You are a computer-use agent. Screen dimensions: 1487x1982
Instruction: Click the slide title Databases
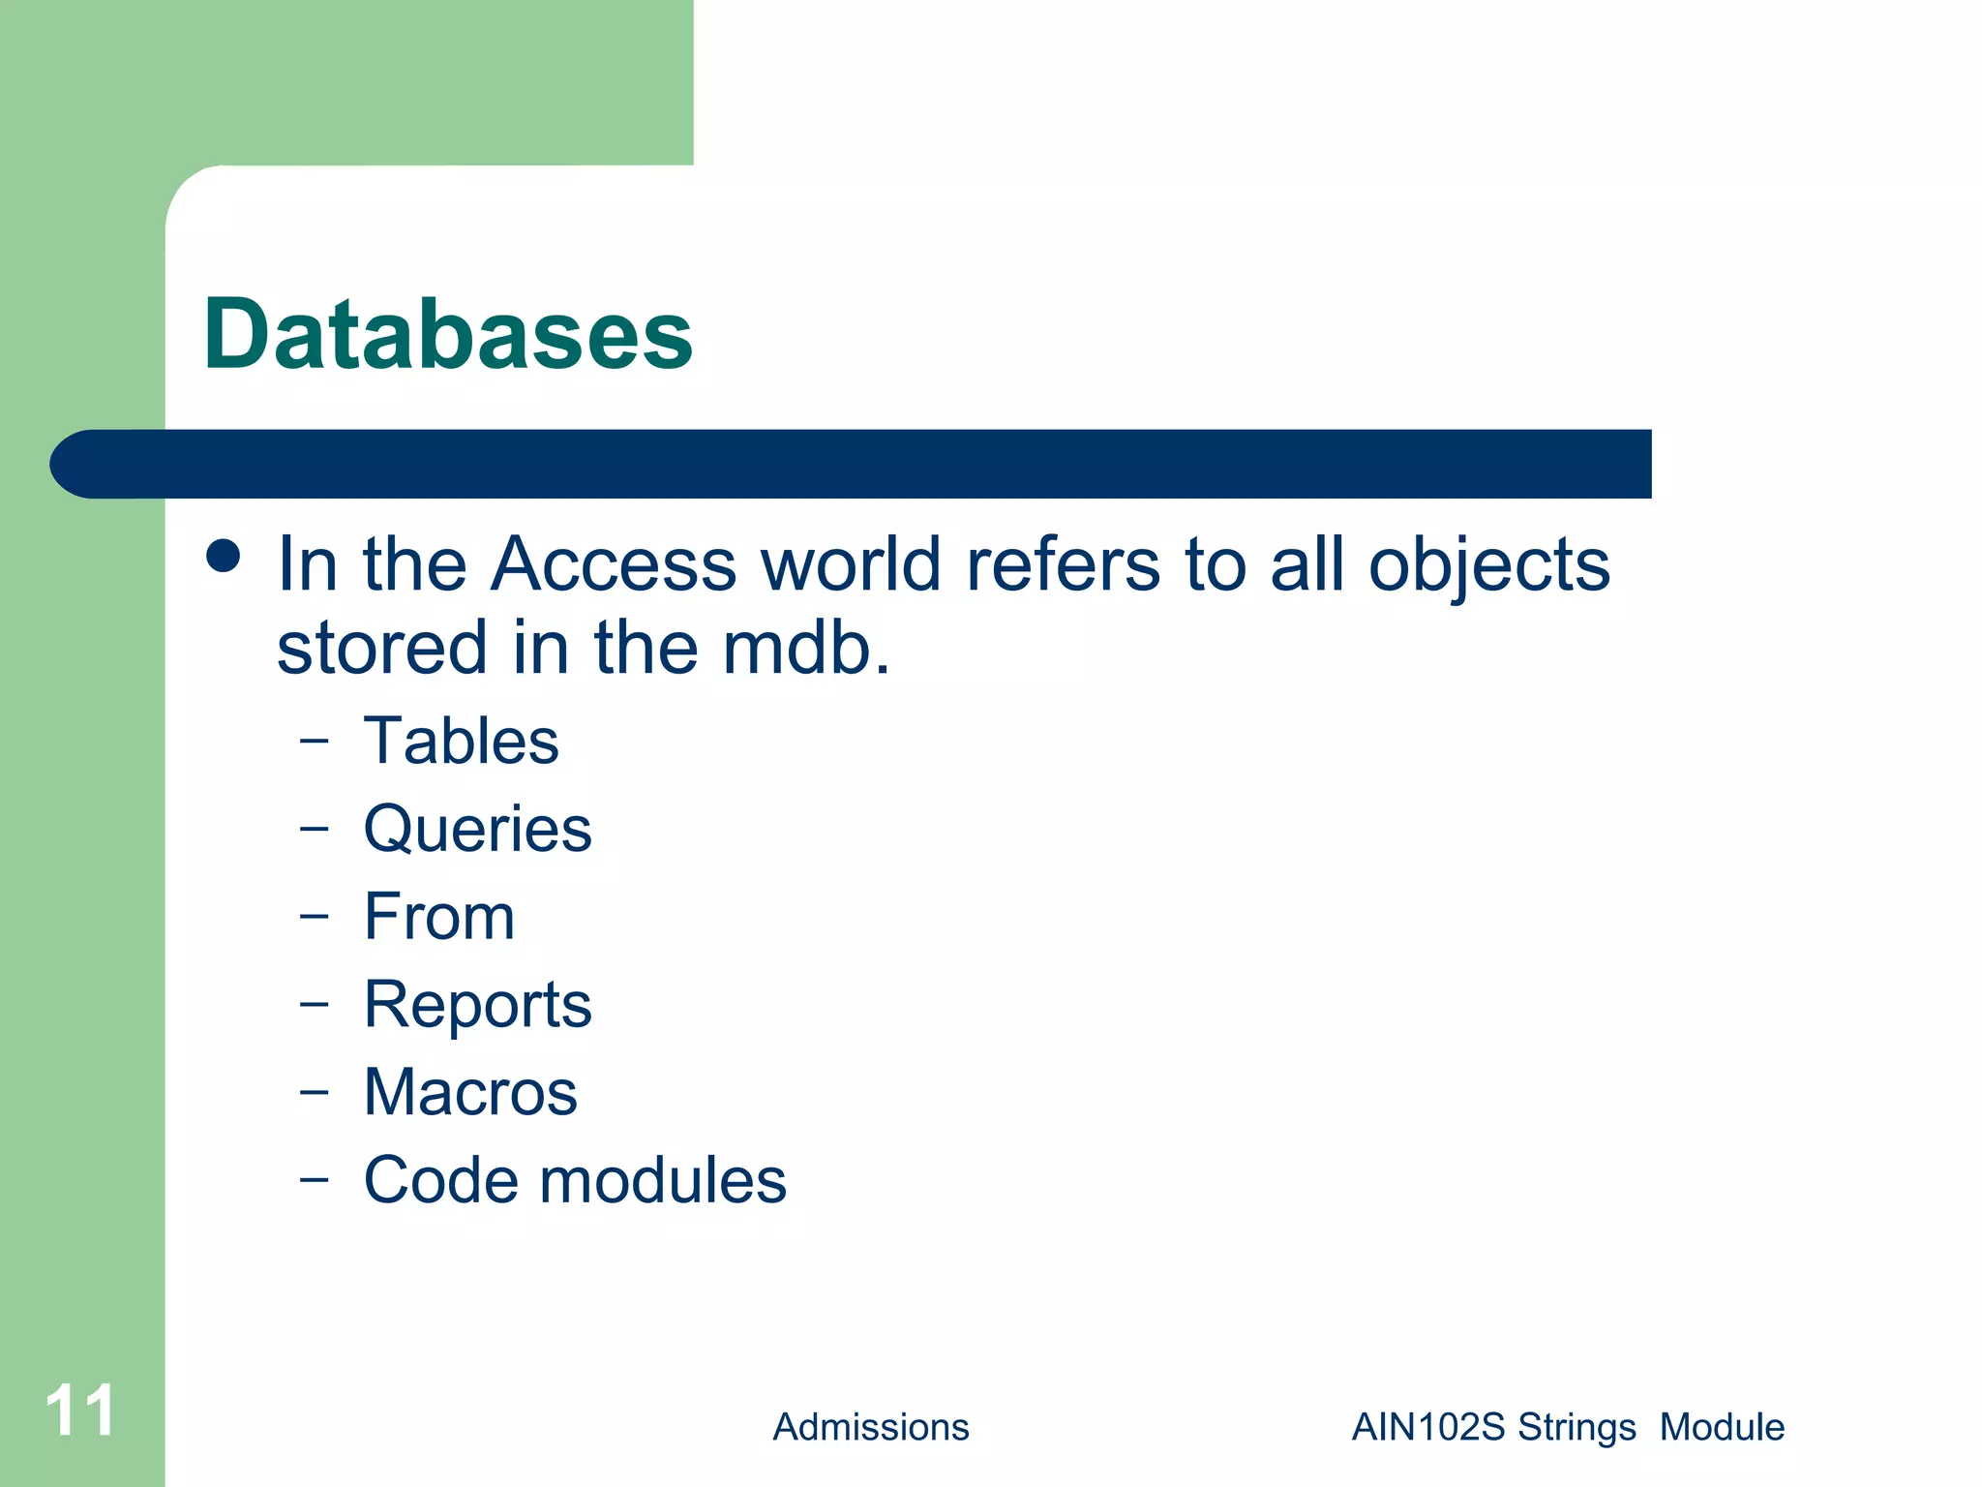click(448, 334)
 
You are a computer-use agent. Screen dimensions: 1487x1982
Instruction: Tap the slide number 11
click(80, 1411)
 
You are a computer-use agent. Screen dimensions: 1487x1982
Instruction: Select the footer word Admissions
click(870, 1427)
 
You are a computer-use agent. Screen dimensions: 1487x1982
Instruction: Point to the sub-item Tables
click(461, 742)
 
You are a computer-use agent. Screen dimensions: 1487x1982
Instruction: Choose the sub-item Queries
click(477, 830)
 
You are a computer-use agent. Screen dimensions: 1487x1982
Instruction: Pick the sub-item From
click(438, 917)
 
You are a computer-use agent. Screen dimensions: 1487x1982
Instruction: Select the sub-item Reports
click(477, 1005)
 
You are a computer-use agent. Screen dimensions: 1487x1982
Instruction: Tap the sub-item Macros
click(470, 1093)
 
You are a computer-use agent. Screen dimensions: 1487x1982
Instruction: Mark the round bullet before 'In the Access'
click(224, 557)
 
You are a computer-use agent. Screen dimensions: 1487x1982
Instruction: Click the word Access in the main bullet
click(613, 563)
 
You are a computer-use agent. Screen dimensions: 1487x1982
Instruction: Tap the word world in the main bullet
click(851, 563)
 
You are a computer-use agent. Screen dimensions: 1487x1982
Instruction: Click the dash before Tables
click(314, 742)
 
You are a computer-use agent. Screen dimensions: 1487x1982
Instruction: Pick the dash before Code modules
click(314, 1180)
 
